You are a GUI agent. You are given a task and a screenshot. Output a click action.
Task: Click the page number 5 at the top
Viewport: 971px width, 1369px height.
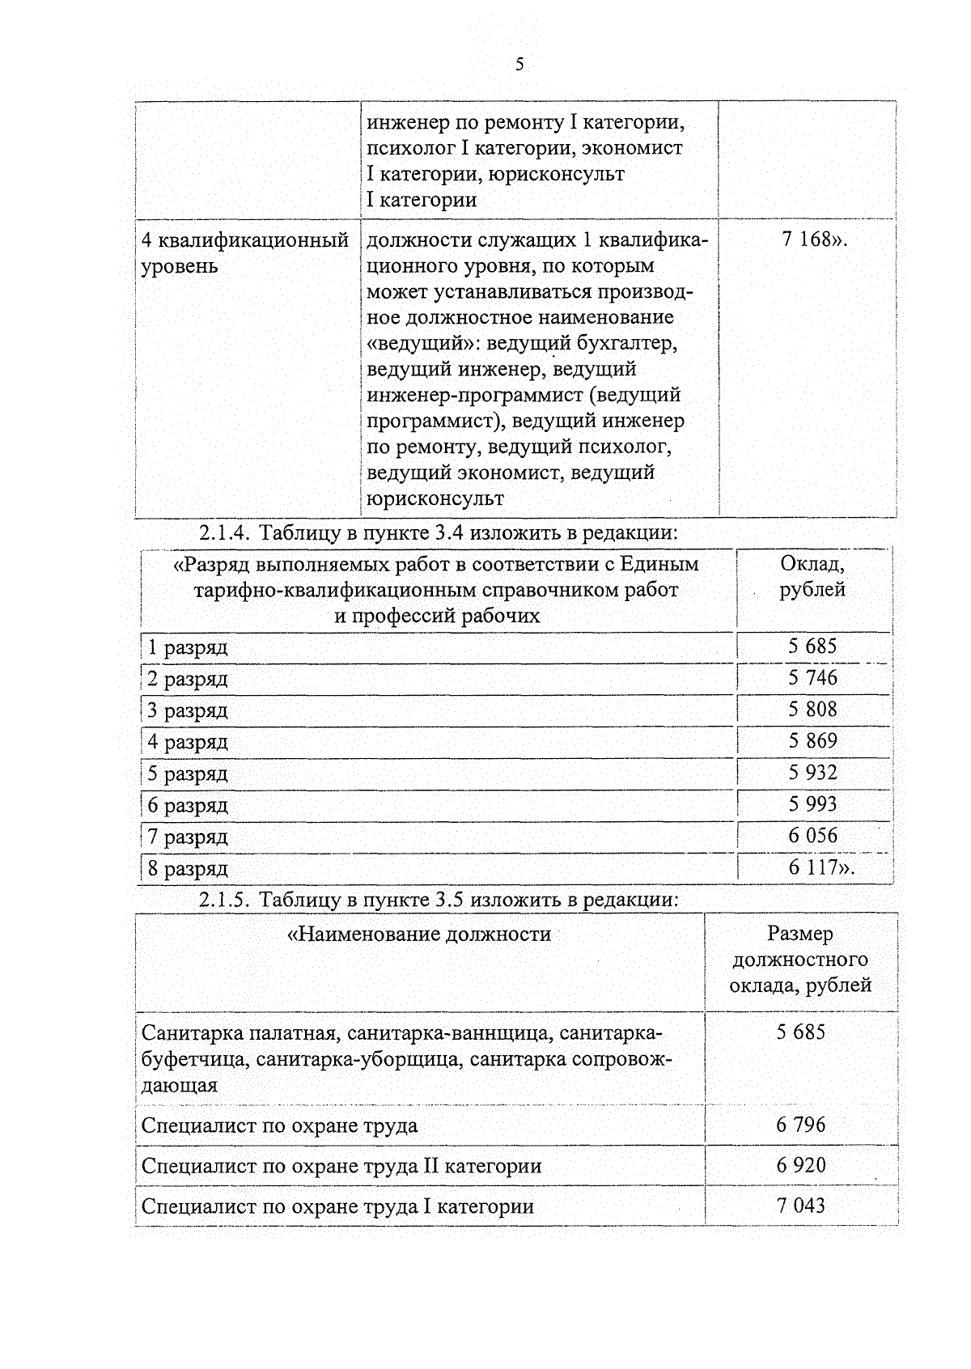[x=519, y=65]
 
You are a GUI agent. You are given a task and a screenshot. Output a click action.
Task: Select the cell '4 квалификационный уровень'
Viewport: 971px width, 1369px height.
[x=245, y=252]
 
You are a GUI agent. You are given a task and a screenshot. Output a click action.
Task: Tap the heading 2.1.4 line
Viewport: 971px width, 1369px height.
[x=437, y=533]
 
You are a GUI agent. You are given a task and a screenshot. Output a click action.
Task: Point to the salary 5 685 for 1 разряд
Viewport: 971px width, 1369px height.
[x=812, y=646]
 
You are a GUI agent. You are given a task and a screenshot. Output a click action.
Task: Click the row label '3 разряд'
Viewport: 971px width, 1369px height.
[x=188, y=710]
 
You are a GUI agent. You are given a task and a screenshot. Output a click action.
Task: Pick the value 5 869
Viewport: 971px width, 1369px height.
[x=812, y=741]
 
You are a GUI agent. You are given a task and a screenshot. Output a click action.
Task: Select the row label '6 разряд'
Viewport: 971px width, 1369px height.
[x=188, y=806]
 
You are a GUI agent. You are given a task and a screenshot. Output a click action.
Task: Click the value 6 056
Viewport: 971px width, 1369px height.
[x=812, y=836]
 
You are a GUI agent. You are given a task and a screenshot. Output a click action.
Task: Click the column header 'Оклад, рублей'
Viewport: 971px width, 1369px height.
[x=812, y=577]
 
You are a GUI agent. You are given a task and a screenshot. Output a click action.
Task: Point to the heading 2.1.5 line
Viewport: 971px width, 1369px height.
[x=437, y=900]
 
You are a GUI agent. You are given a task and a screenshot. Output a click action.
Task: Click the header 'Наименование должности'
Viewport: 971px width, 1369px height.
[x=419, y=935]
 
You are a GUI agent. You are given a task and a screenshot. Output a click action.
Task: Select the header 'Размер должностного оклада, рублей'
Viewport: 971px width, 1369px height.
[x=800, y=960]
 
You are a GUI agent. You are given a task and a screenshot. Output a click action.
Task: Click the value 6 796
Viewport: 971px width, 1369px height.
[x=800, y=1125]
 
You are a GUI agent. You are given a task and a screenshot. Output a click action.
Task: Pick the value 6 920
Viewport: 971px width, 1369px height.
[x=800, y=1165]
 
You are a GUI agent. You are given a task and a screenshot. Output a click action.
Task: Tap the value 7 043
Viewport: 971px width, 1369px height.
[x=800, y=1206]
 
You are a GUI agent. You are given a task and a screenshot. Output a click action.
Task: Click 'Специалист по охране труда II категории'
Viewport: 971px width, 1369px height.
[x=341, y=1166]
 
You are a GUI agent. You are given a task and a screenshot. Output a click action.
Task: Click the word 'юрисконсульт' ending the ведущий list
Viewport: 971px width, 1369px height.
[x=435, y=498]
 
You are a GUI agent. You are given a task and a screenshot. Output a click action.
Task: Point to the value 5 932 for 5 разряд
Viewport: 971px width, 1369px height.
[x=812, y=773]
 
